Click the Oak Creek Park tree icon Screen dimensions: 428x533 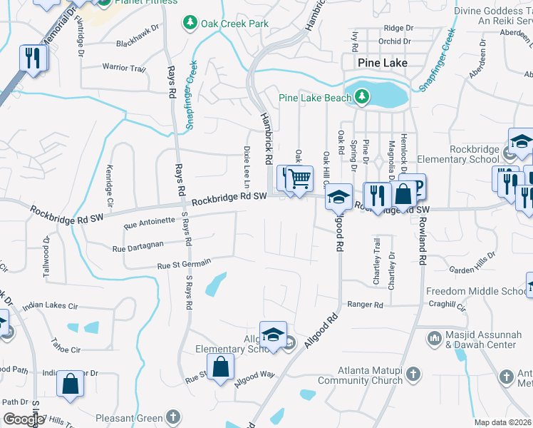(190, 24)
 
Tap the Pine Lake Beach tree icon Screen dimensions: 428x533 (362, 96)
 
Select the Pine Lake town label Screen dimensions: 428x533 (383, 63)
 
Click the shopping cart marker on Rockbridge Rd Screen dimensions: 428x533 (301, 178)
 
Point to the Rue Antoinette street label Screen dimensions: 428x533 (148, 223)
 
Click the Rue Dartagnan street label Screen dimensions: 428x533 (138, 246)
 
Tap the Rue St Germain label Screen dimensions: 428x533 (184, 264)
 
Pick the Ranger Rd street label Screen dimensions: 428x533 (365, 305)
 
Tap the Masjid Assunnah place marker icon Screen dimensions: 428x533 (435, 335)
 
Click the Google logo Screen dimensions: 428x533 (24, 419)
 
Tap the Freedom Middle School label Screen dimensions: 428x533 (476, 291)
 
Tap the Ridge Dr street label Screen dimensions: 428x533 (398, 28)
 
